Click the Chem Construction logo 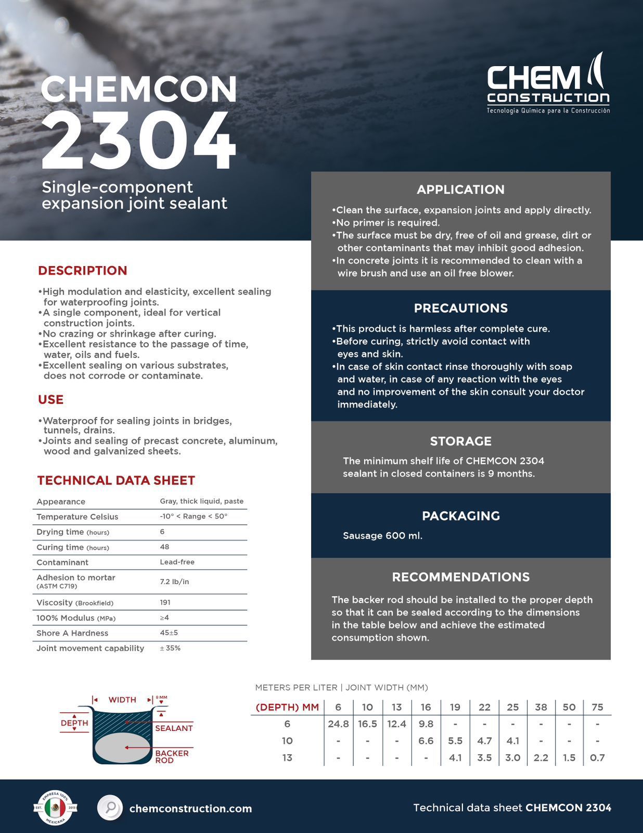pos(548,83)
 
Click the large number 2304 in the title pos(138,142)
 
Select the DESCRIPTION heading pos(82,271)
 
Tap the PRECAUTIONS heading pos(460,308)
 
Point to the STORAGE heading pos(460,441)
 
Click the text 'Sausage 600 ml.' pos(382,536)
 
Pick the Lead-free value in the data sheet pos(177,562)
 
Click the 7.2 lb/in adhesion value pos(174,582)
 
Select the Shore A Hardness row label pos(72,633)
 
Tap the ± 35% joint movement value pos(170,648)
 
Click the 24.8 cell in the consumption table pos(338,724)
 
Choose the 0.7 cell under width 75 pos(597,758)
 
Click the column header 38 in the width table pos(541,707)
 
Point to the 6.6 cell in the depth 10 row pos(426,741)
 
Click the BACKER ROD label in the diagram pos(172,756)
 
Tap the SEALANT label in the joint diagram pos(174,728)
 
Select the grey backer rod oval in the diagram pos(123,748)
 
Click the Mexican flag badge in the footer pos(55,807)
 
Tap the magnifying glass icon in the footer pos(110,808)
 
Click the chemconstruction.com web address pos(190,809)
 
